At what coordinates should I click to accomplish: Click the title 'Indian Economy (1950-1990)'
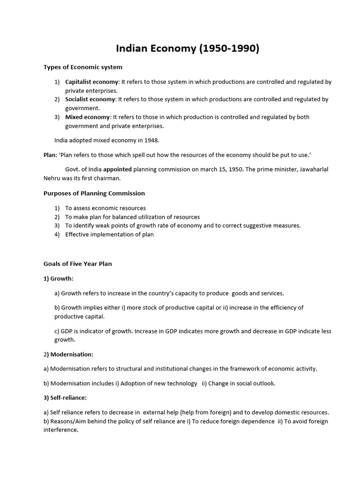pos(187,49)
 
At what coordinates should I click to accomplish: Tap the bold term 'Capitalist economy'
pos(91,82)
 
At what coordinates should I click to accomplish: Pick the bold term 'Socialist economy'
pos(90,99)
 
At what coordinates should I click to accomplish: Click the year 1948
pos(151,140)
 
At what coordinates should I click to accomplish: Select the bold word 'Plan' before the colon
pos(49,154)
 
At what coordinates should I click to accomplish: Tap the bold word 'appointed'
pos(118,169)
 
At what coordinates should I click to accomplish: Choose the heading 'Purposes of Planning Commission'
pos(94,193)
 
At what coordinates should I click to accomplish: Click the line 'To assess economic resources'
pos(105,208)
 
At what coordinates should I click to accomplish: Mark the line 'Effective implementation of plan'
pos(109,234)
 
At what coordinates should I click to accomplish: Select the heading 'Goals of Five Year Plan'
pos(78,263)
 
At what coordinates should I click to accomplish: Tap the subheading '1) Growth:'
pos(59,278)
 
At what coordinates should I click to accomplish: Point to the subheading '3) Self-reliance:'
pos(65,397)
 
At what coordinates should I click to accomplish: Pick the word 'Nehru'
pos(52,178)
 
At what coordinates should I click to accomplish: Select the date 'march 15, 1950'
pos(222,169)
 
